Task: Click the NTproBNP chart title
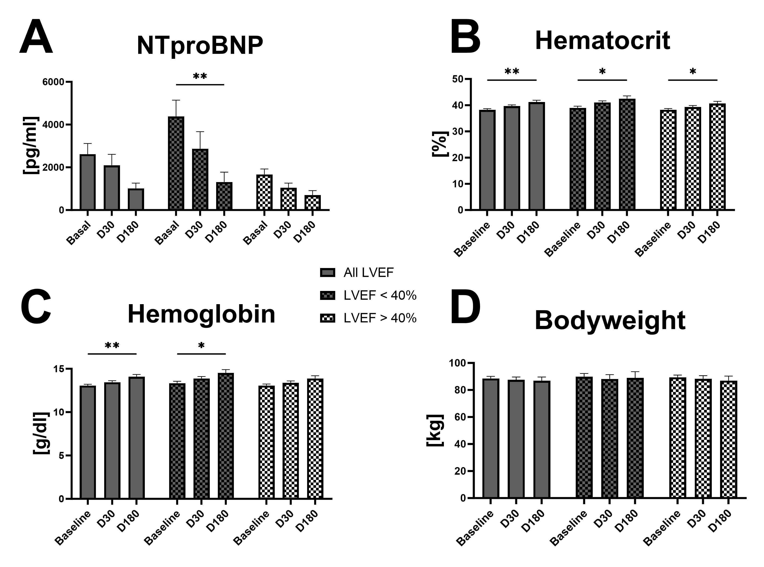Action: [200, 45]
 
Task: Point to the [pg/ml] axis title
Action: [31, 145]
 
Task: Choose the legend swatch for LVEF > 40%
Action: [327, 318]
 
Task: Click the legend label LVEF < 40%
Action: [380, 295]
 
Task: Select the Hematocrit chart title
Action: [602, 41]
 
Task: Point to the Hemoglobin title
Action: [201, 314]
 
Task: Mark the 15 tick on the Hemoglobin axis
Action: [59, 369]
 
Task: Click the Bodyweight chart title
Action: [610, 320]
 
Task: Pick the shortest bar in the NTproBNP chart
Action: [313, 203]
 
